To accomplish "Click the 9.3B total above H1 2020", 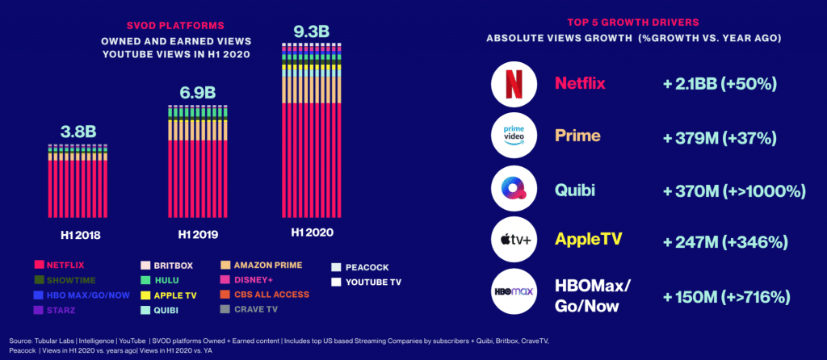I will pyautogui.click(x=312, y=31).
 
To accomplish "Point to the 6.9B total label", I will pyautogui.click(x=198, y=91).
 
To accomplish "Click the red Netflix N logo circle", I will pyautogui.click(x=514, y=84).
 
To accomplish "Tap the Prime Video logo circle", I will pyautogui.click(x=514, y=136).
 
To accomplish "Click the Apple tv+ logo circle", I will pyautogui.click(x=514, y=241).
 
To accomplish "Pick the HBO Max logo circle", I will pyautogui.click(x=514, y=295).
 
